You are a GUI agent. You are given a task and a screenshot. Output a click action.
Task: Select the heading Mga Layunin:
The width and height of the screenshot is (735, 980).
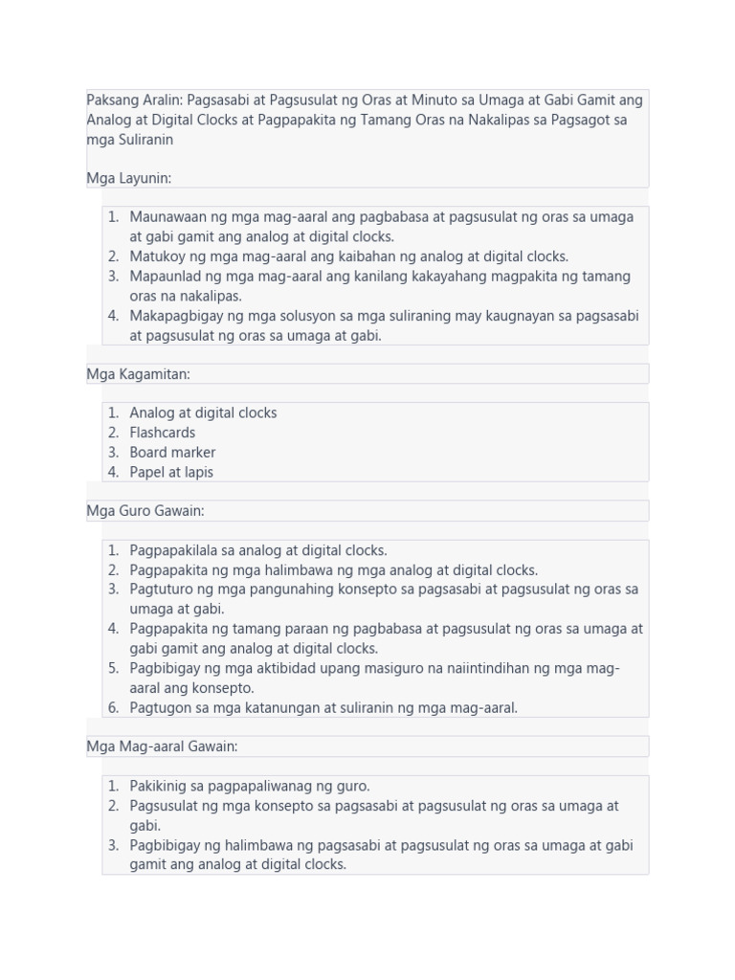click(x=129, y=178)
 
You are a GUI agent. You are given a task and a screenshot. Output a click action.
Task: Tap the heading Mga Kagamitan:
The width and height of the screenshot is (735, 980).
click(x=139, y=374)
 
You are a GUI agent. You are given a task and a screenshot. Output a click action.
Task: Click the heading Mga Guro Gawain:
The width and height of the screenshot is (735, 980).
click(x=145, y=511)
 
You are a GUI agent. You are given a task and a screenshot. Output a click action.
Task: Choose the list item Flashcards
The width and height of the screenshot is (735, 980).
click(x=163, y=433)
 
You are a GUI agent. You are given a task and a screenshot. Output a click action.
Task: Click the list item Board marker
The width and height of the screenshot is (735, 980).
click(x=172, y=453)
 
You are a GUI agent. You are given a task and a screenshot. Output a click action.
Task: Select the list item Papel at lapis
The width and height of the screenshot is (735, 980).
click(x=171, y=472)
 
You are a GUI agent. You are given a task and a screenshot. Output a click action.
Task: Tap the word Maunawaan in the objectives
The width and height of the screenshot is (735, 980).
click(x=168, y=217)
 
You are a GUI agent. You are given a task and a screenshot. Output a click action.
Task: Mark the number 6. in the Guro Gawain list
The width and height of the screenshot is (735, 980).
click(x=113, y=707)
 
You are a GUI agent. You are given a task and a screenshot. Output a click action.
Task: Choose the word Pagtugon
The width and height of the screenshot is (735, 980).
click(x=160, y=707)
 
